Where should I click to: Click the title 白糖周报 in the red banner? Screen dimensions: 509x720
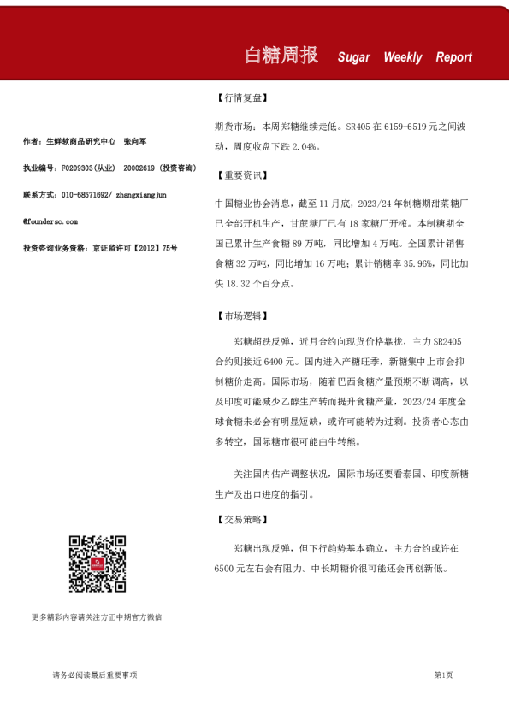[x=281, y=56]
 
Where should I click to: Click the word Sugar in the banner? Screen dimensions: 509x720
[x=353, y=57]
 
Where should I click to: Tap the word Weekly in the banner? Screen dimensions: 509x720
[x=402, y=57]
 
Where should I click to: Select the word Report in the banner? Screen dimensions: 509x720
[x=453, y=57]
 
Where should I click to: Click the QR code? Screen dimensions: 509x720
[x=98, y=564]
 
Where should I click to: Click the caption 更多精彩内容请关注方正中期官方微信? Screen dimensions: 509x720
[x=97, y=617]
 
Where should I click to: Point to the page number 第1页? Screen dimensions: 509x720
[x=443, y=676]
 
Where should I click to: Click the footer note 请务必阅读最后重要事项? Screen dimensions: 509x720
[x=95, y=676]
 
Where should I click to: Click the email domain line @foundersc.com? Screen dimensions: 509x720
[x=50, y=221]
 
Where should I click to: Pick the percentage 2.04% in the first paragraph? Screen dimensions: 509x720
[x=304, y=146]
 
